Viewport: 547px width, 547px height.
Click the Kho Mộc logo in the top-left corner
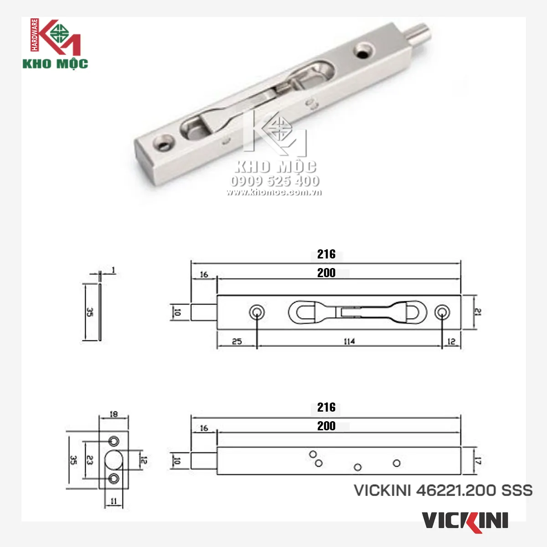tap(55, 44)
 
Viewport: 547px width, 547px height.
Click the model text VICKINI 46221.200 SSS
tap(443, 490)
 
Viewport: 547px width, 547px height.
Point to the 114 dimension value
tap(349, 341)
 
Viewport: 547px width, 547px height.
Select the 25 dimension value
tap(237, 341)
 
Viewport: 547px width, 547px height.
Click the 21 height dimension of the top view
tap(478, 312)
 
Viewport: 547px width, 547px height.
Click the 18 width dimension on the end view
tap(114, 414)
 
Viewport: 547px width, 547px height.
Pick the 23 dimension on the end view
tap(90, 460)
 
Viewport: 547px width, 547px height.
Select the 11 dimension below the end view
tap(114, 501)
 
